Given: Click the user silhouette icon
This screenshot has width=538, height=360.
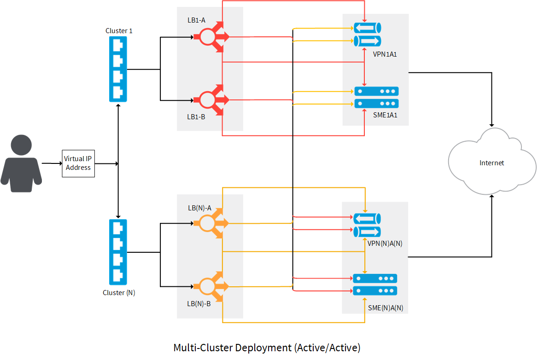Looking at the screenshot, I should click(21, 163).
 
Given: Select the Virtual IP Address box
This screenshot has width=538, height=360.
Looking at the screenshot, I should click(78, 163).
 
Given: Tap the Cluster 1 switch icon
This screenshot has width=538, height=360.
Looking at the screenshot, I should click(118, 69).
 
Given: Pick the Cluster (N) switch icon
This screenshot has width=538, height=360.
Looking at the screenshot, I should click(118, 251).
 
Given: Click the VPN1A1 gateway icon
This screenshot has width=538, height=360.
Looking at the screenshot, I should click(368, 35).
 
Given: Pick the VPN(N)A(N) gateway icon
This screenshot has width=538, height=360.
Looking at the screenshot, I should click(367, 225).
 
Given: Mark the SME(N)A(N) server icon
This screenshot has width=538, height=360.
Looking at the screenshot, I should click(375, 285).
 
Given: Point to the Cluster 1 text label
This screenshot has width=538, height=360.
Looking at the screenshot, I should click(119, 31).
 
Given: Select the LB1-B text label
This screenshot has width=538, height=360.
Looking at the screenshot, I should click(196, 117).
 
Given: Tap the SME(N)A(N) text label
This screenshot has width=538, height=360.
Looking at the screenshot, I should click(386, 308).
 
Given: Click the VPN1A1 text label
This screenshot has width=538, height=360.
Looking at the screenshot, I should click(385, 54).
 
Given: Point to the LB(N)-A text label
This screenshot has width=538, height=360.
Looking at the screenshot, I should click(199, 208).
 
